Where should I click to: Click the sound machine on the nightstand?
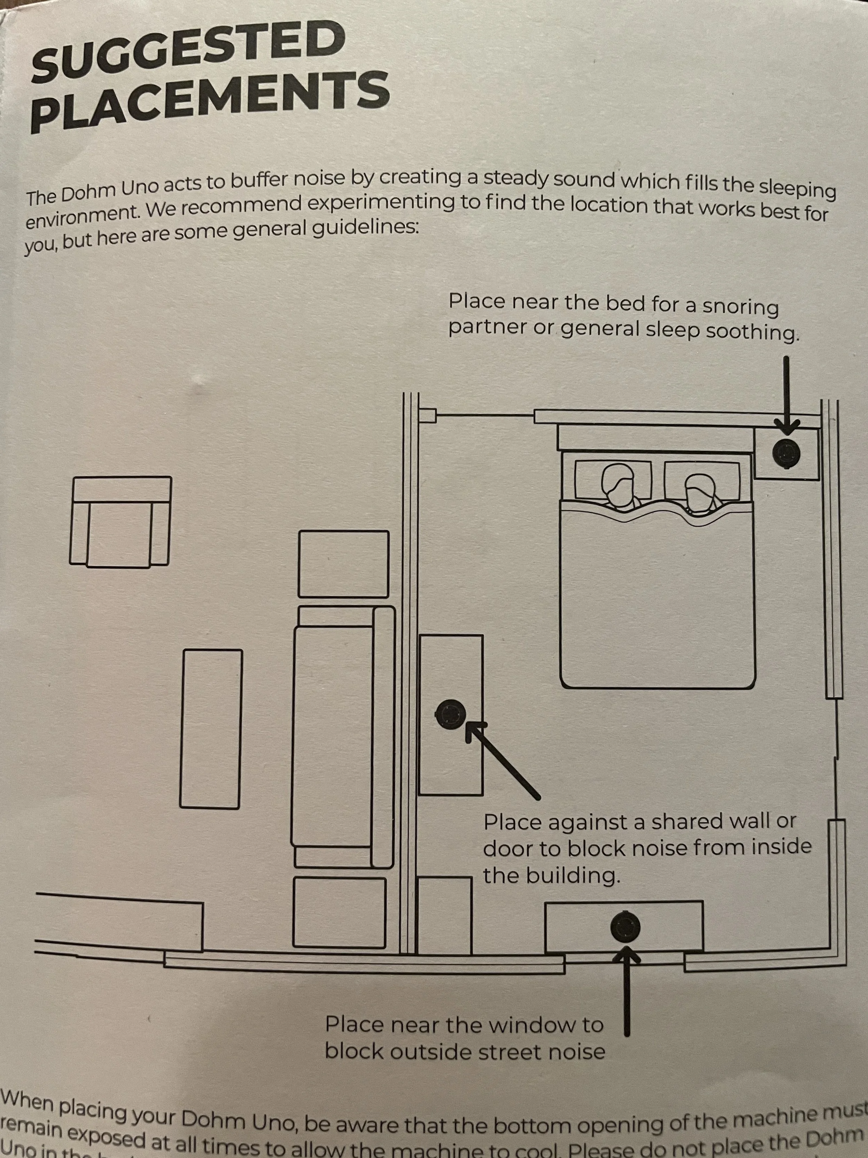click(x=786, y=452)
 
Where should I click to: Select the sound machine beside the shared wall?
click(x=450, y=714)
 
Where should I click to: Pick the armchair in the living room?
click(x=121, y=521)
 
